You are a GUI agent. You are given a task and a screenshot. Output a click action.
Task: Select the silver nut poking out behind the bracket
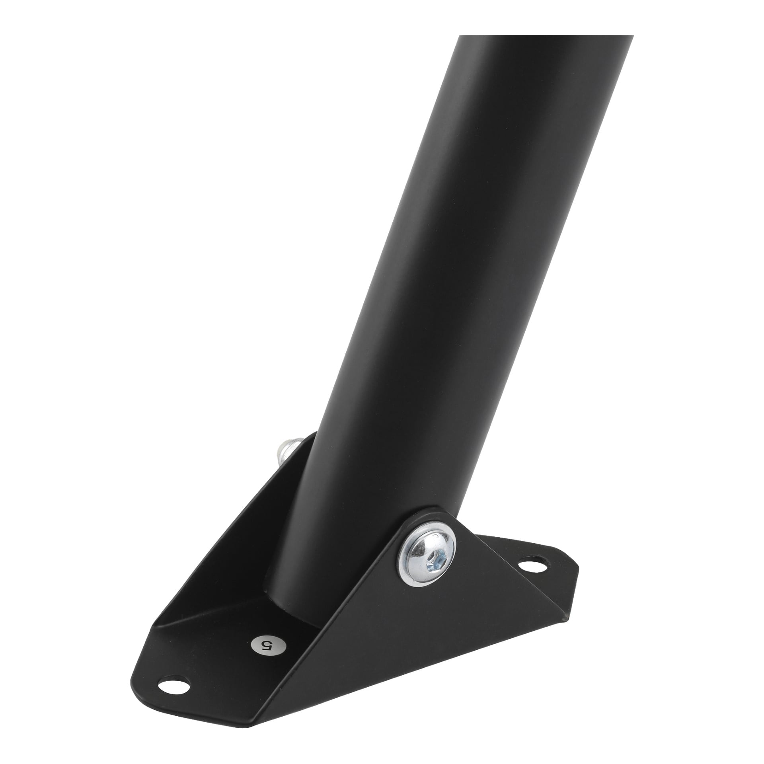click(x=291, y=452)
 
